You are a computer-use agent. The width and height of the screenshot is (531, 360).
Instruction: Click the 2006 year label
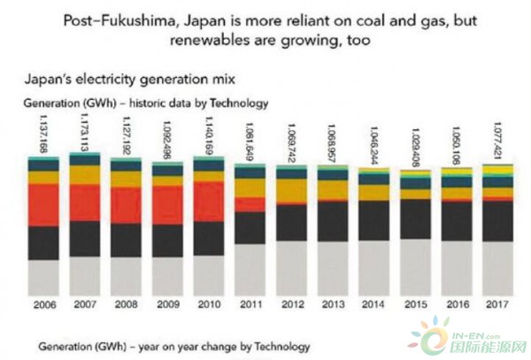point(42,305)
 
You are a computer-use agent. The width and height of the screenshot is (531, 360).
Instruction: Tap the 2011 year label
point(250,305)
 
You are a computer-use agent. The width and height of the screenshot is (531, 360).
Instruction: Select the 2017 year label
point(498,305)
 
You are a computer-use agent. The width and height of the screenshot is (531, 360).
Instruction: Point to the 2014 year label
point(373,305)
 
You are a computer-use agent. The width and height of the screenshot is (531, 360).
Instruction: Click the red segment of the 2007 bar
point(85,203)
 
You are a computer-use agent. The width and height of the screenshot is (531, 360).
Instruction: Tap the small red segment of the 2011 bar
point(250,204)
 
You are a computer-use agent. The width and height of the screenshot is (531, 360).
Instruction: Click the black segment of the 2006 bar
point(42,242)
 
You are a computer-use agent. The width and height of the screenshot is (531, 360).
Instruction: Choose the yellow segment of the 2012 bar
point(292,189)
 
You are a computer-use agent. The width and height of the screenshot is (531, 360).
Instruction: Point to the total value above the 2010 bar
point(210,132)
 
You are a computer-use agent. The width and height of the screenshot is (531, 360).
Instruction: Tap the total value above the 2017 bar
point(499,140)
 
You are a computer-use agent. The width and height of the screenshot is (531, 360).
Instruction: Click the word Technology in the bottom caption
point(277,344)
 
